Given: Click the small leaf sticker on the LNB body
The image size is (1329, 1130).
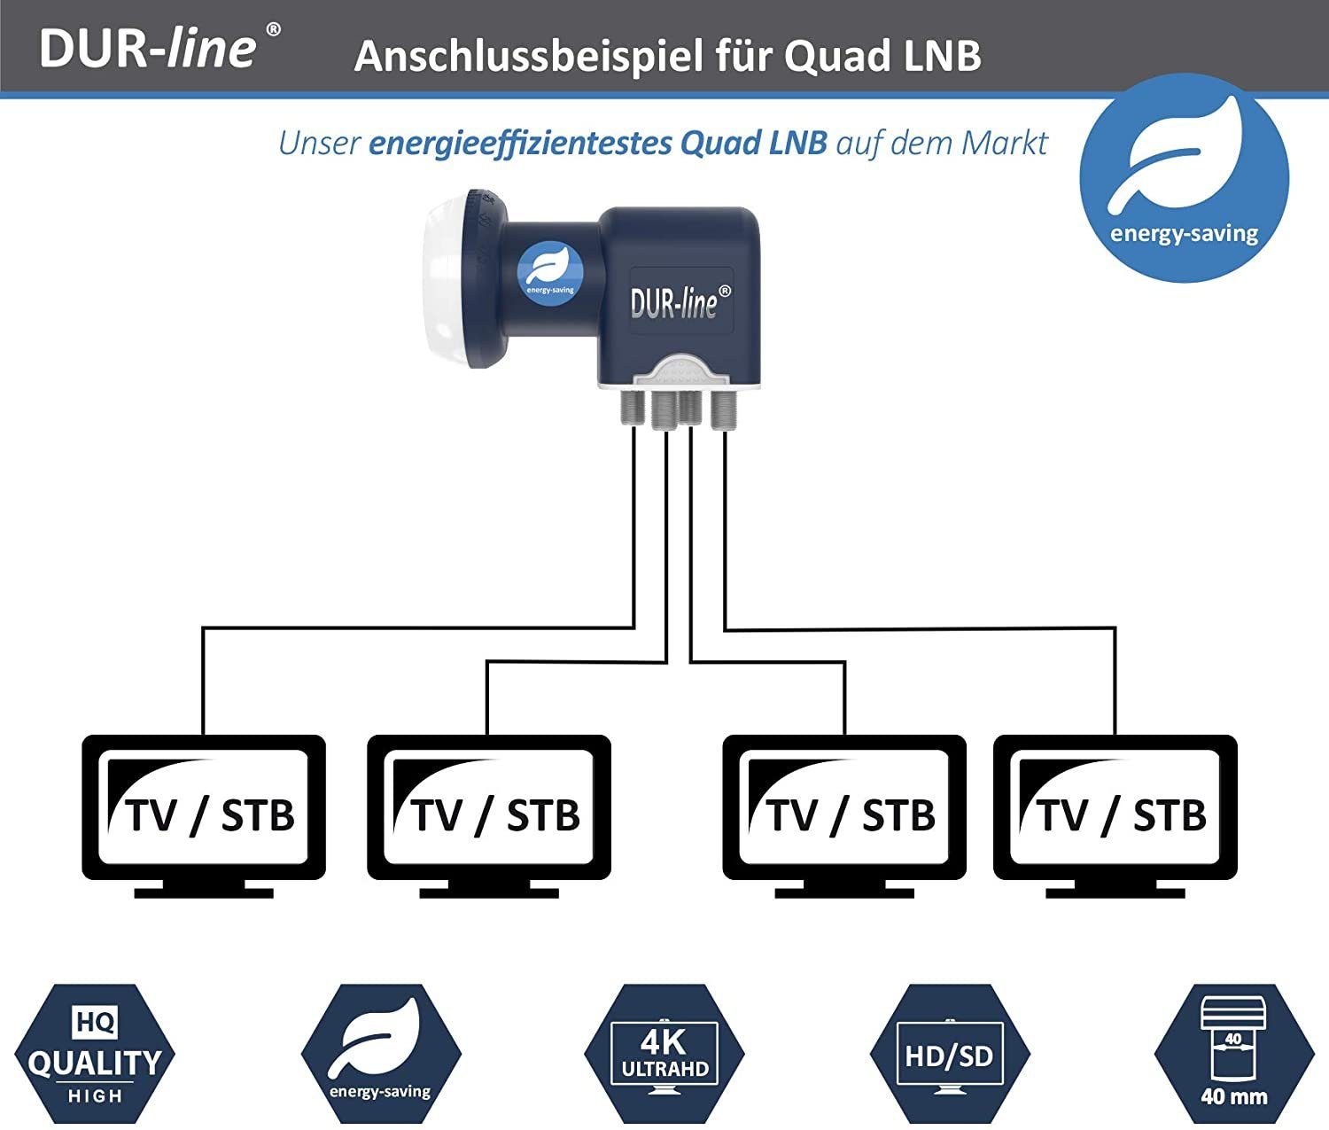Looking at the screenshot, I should coord(548,274).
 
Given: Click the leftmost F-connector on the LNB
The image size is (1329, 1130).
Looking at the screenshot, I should coord(634,409).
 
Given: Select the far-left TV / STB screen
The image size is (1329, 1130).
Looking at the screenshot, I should coord(204,807).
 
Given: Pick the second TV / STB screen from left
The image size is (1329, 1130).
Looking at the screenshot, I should coord(488,807).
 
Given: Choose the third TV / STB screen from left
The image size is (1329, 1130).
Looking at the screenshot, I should coord(844,807).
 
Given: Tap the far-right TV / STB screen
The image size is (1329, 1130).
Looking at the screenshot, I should coord(1115,807).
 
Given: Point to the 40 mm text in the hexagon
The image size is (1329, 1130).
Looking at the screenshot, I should coord(1233,1096).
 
